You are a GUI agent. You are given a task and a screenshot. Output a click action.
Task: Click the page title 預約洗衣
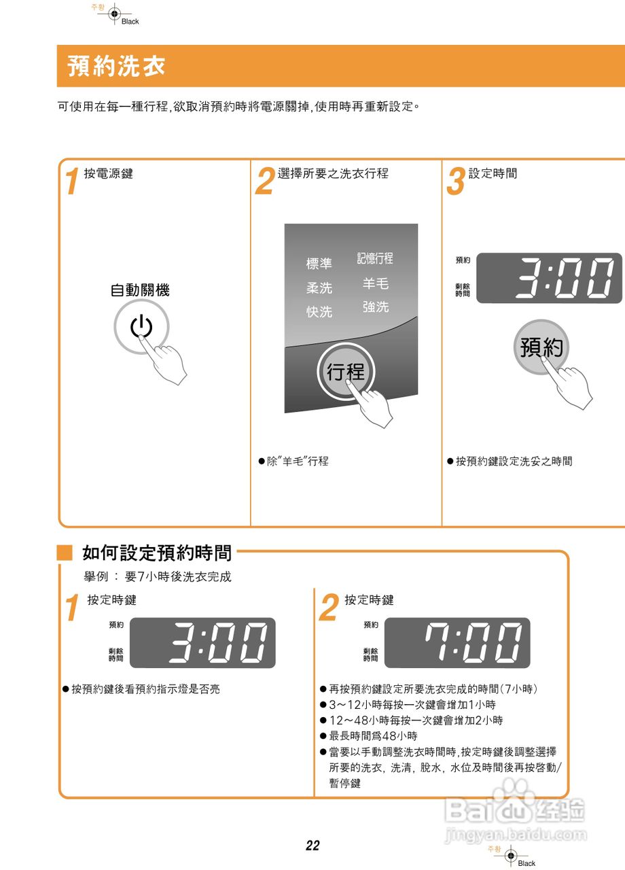coord(116,67)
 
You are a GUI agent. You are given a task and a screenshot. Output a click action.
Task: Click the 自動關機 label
coord(140,290)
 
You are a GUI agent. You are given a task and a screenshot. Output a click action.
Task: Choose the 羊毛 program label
coord(376,283)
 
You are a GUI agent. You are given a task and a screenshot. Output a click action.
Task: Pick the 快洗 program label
coord(319,312)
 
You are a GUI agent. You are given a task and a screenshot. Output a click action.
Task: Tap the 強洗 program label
coord(376,307)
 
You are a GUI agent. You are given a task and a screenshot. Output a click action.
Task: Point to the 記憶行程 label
coord(375,259)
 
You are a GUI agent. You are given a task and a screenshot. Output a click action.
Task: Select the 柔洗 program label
coord(319,288)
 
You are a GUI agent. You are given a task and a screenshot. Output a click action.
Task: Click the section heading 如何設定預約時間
coord(157,553)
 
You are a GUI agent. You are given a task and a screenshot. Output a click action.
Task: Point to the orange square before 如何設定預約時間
coord(65,553)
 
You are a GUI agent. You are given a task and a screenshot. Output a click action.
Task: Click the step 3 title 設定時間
coord(493,173)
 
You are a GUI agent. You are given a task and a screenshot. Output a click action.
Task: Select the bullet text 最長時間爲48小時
coord(373,736)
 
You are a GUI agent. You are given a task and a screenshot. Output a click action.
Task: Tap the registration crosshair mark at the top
coord(114,13)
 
